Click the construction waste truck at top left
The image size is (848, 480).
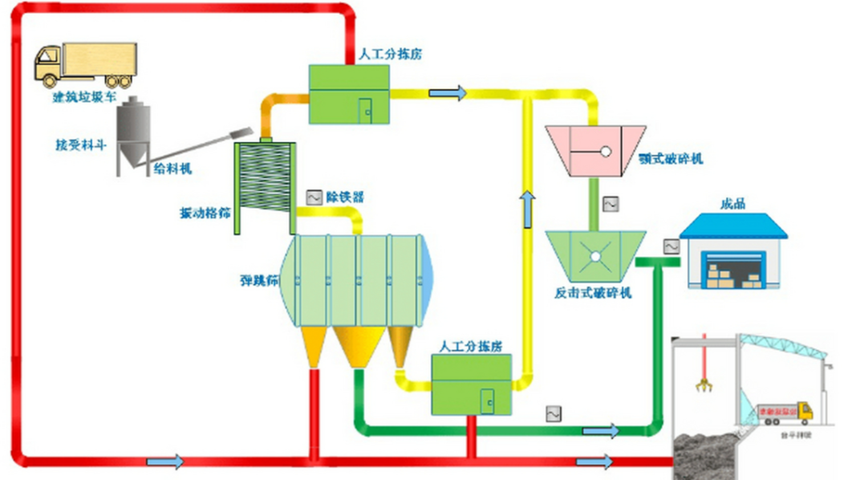point(85,64)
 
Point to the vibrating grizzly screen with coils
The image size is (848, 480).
point(264,186)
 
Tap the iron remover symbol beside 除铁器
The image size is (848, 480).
point(314,197)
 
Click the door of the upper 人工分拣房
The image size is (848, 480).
point(366,111)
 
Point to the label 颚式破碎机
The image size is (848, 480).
point(671,159)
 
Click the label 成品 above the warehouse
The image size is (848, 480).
point(733,204)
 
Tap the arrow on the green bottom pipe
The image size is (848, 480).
point(600,431)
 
